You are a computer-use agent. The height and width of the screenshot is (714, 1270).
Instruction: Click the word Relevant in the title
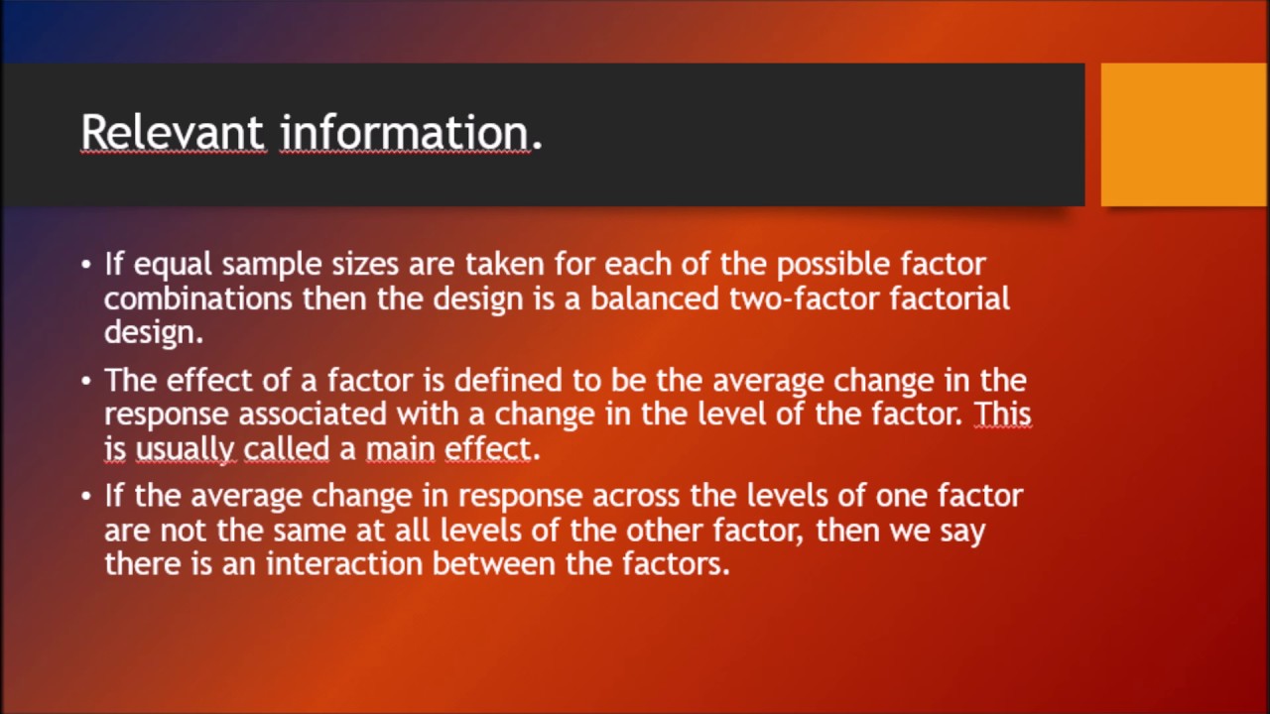pos(173,132)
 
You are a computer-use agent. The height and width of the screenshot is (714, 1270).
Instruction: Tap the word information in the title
pos(405,132)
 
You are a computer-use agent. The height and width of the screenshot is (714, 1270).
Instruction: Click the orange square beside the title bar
pos(1184,134)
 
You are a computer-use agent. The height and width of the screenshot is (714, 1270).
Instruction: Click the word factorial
pos(950,298)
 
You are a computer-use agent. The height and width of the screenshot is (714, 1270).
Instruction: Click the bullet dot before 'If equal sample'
pos(86,266)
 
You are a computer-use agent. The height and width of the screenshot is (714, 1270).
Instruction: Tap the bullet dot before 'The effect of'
pos(86,381)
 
